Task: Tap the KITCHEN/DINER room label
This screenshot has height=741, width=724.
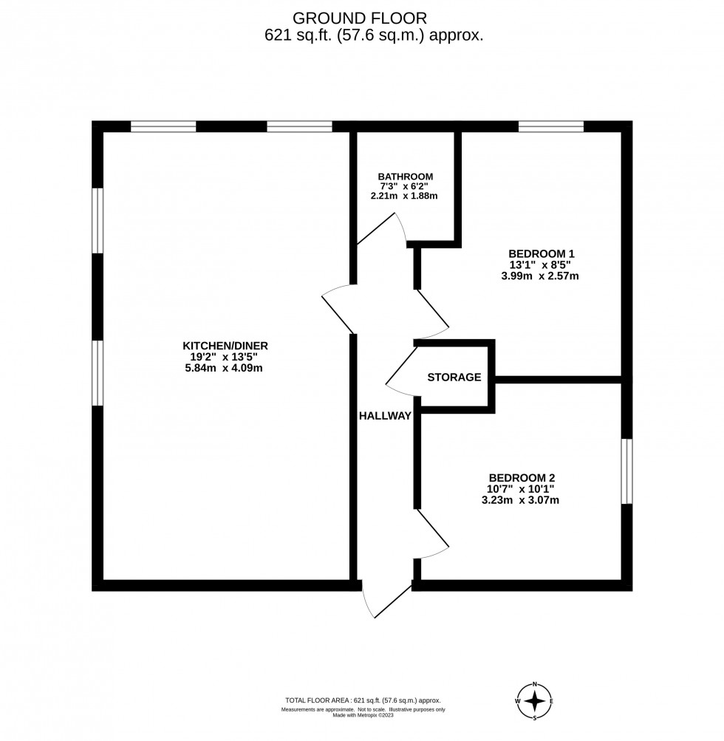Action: (x=225, y=346)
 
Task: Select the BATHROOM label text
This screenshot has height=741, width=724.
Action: (x=405, y=177)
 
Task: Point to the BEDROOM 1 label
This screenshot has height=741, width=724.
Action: (x=542, y=253)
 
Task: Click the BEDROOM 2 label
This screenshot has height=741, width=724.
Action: (x=522, y=477)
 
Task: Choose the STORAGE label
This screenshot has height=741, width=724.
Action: (x=454, y=377)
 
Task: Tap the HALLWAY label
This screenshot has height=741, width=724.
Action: (x=385, y=416)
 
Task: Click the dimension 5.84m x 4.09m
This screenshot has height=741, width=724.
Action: (x=225, y=368)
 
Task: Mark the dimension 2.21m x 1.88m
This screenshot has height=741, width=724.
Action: (x=405, y=197)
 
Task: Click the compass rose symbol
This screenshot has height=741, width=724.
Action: (x=536, y=700)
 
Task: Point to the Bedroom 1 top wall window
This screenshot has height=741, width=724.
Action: (x=550, y=126)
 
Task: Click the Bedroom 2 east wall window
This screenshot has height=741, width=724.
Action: (x=627, y=471)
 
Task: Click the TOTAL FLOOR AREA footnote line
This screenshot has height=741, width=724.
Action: (x=363, y=700)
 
